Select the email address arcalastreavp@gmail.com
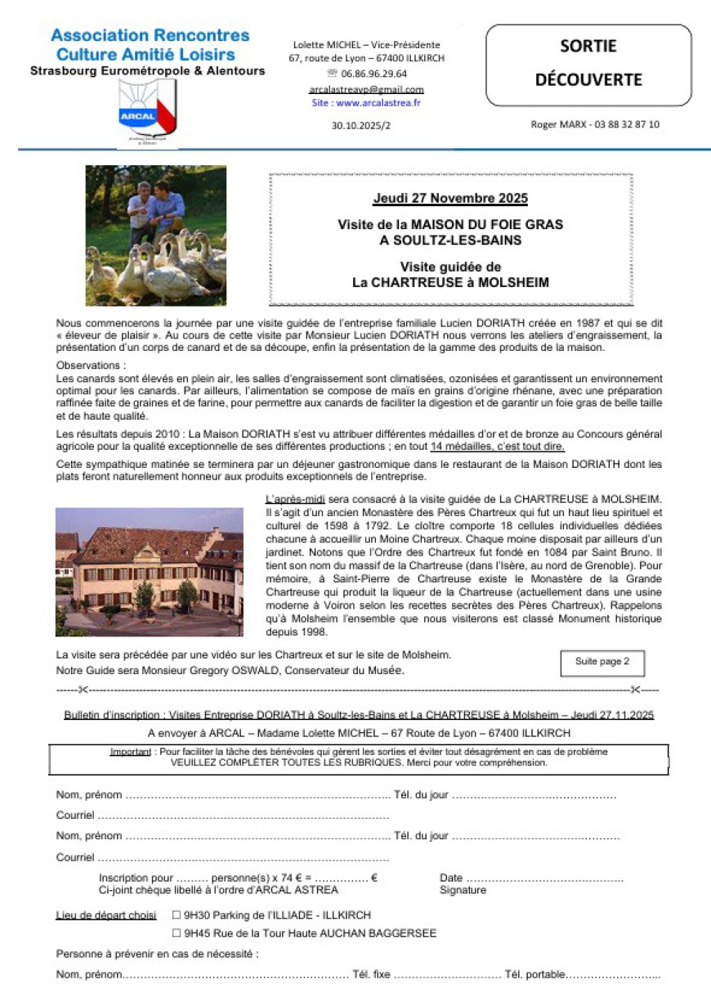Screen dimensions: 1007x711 click(366, 89)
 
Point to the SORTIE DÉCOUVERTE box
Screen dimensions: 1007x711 click(588, 64)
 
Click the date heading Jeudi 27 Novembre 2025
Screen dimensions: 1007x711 click(450, 199)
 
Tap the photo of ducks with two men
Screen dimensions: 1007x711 click(156, 236)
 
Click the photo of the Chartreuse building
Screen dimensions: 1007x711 click(149, 572)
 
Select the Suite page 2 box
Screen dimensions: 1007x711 click(602, 662)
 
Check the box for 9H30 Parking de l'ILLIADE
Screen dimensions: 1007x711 click(177, 915)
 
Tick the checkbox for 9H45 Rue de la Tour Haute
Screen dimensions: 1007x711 click(177, 933)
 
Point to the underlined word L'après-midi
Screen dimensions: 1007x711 click(292, 500)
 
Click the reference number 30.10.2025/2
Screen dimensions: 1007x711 click(360, 125)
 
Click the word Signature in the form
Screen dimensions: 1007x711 click(463, 890)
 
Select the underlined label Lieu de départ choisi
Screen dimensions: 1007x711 click(106, 915)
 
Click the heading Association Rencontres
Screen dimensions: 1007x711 click(150, 36)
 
